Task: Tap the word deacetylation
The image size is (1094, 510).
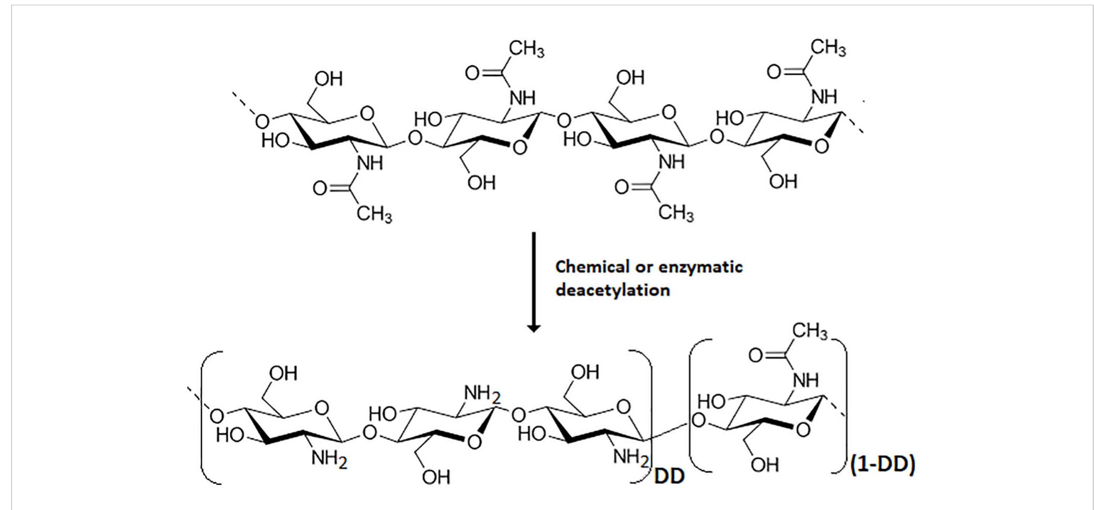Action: coord(612,290)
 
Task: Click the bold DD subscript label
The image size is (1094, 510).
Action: coord(669,477)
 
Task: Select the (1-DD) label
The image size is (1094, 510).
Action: coord(883,465)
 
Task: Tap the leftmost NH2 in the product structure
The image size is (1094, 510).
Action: coord(329,460)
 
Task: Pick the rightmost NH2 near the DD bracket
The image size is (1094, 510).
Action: coord(630,458)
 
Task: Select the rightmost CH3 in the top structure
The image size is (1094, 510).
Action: coord(828,49)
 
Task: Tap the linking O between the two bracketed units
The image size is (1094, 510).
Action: coord(697,420)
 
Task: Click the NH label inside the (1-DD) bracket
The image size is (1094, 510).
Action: coord(806,380)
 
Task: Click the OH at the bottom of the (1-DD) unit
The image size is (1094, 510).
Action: coord(764,465)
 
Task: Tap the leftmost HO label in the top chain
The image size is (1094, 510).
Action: coord(275,141)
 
